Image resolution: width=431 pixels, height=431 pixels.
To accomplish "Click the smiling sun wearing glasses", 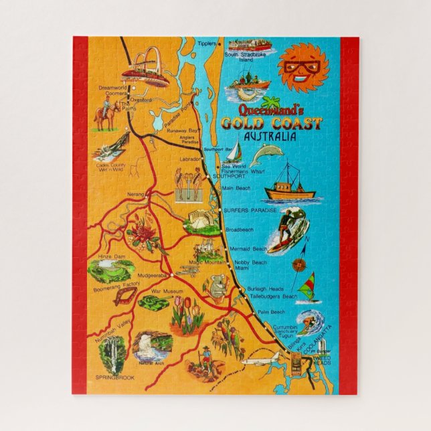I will click(302, 67).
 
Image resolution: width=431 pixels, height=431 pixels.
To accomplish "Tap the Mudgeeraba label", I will click(153, 274).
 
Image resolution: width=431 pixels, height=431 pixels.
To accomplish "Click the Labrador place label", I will click(191, 159).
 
